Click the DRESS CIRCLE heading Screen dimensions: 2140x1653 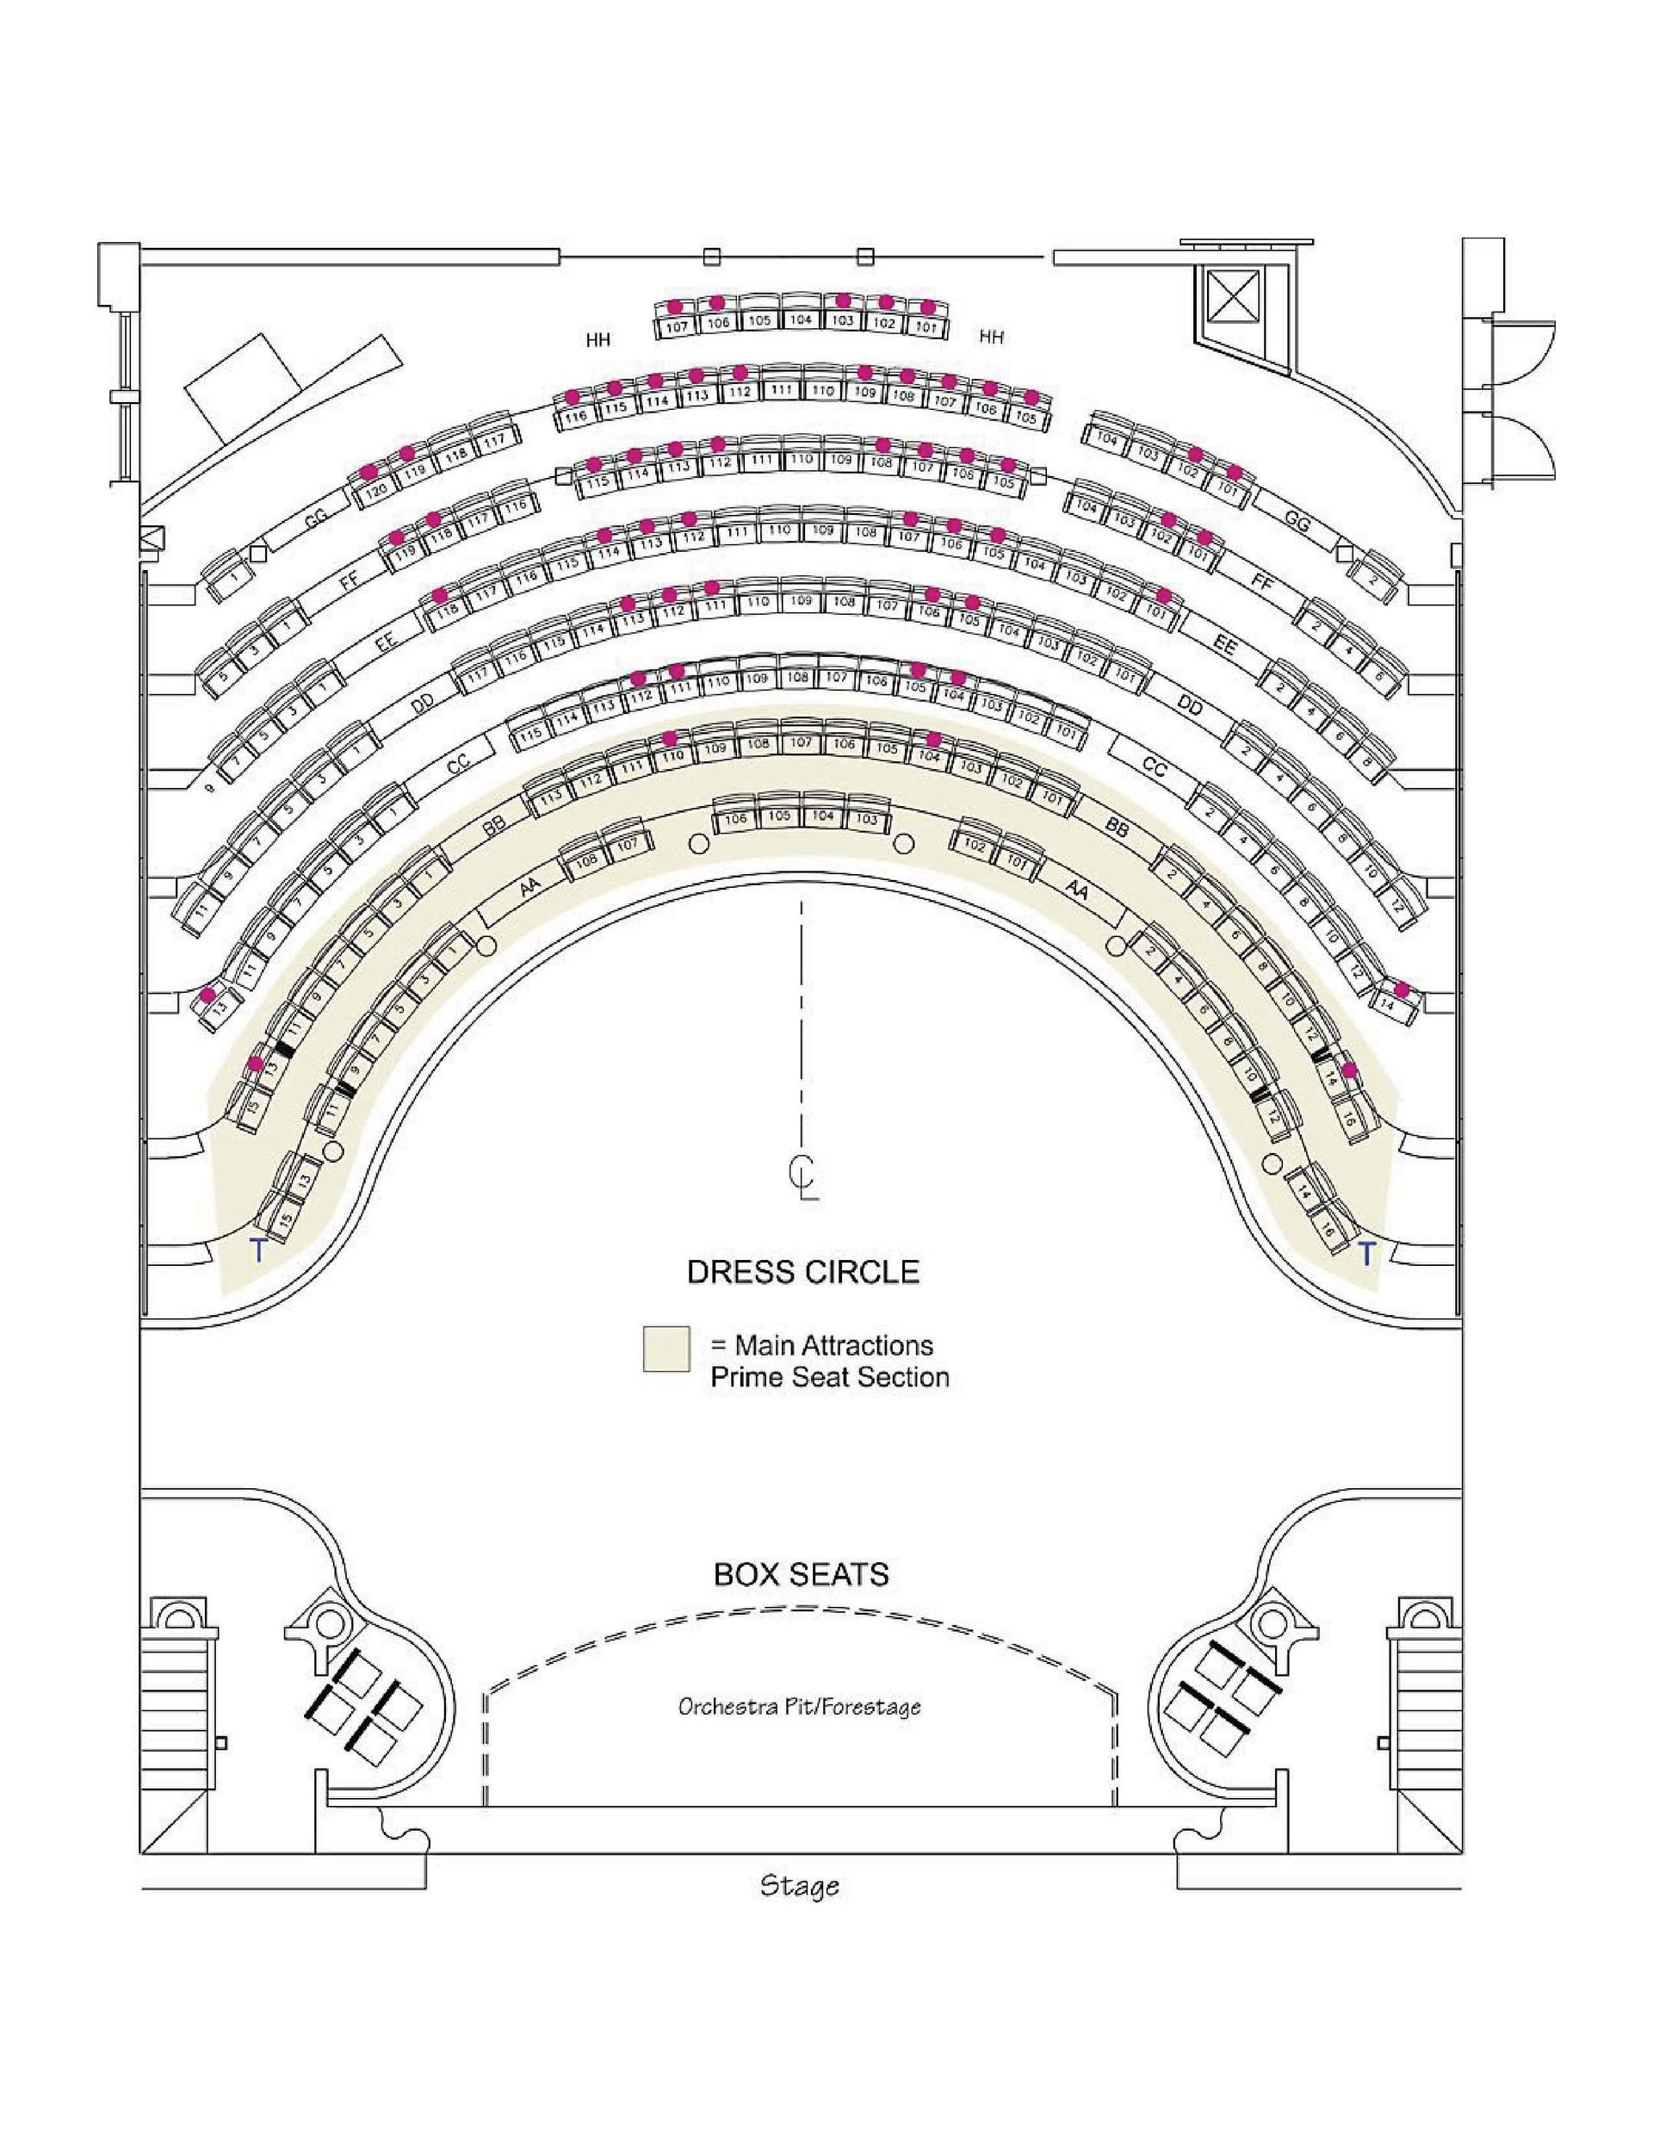pos(802,1272)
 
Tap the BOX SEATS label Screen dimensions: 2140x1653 pos(801,1573)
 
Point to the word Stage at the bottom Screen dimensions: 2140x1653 pos(799,1885)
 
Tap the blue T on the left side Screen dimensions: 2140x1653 pos(258,1250)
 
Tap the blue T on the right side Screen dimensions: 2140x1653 pos(1366,1252)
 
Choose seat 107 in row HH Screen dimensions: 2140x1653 pos(676,327)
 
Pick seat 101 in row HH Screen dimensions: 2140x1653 pos(926,326)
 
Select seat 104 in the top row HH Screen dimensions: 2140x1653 pos(802,319)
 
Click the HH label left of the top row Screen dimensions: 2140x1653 pos(597,340)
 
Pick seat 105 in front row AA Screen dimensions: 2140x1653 pos(779,816)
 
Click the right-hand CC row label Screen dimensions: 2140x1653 pos(1155,767)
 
